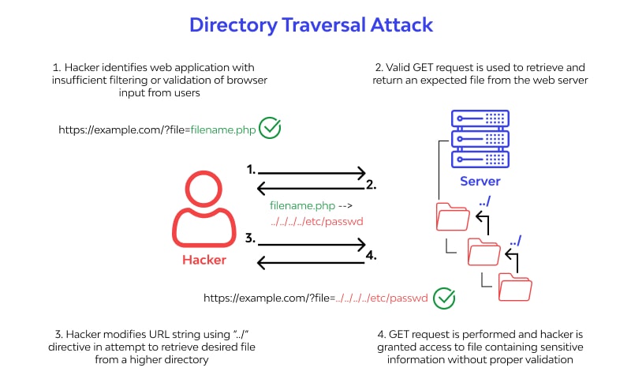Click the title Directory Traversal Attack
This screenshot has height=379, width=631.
[311, 24]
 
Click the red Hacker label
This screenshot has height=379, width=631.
[204, 260]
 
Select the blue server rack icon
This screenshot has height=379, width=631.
[480, 138]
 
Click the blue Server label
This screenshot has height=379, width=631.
[480, 182]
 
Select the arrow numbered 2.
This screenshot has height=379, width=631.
[312, 187]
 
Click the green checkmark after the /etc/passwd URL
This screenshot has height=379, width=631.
[445, 298]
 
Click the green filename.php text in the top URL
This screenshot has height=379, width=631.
[223, 128]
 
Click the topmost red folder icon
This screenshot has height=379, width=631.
[452, 216]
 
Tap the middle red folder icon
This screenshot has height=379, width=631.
[484, 250]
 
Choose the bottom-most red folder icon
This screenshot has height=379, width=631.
[515, 286]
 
